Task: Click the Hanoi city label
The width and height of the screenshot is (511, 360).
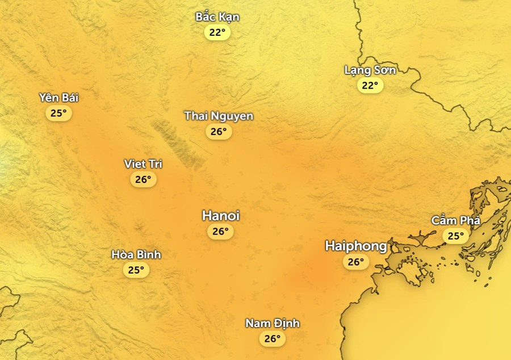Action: (x=221, y=216)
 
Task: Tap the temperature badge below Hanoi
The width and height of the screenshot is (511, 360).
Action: (x=220, y=231)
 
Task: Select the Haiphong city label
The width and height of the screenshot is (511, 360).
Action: (x=356, y=246)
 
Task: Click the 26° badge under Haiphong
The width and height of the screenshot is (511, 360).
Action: (x=355, y=262)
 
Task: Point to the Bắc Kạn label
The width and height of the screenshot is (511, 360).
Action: (x=217, y=17)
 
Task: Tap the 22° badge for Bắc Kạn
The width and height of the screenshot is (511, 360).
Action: (x=217, y=32)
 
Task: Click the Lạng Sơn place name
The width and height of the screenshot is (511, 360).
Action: (x=370, y=70)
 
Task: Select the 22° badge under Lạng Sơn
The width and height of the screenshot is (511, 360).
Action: (x=370, y=86)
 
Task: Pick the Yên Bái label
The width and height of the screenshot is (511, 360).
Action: (x=59, y=98)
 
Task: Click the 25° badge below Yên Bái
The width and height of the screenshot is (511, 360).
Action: (x=58, y=113)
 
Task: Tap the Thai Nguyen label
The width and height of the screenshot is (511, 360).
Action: (x=219, y=116)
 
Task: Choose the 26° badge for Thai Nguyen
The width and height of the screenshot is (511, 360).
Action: (x=219, y=132)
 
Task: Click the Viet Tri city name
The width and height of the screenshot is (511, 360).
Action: (x=143, y=164)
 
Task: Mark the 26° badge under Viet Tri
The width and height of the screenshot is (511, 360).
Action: (x=143, y=179)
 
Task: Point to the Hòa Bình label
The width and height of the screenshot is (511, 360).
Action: (x=136, y=254)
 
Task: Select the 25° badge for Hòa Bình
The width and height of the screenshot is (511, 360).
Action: (x=136, y=270)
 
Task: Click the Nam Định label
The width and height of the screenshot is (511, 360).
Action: (x=273, y=324)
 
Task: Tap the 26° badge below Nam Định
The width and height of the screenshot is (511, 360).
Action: (x=273, y=339)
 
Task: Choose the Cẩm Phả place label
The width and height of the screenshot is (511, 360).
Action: (x=456, y=220)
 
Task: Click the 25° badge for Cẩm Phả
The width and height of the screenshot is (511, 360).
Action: (x=456, y=236)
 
